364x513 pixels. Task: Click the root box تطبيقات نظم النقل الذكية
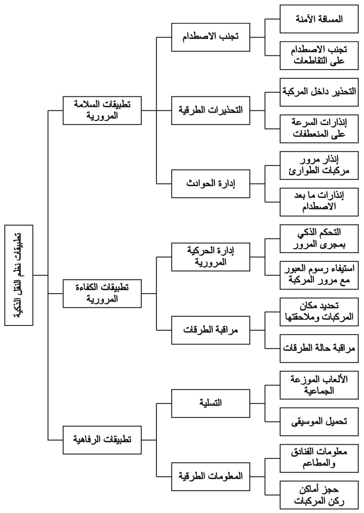coord(19,275)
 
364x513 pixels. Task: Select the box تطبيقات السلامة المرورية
coord(102,110)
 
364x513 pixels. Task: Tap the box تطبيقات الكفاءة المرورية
coord(102,293)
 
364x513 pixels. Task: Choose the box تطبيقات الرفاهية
coord(102,440)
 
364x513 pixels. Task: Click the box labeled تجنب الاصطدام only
coord(210,37)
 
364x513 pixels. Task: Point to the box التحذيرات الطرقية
coord(210,110)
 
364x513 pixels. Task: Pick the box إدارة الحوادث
coord(210,184)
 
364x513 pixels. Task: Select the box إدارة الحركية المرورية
coord(210,257)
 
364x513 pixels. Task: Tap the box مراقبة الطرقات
coord(210,330)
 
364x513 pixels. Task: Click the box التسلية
coord(210,403)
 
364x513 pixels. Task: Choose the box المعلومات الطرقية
coord(210,477)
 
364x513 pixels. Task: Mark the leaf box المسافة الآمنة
coord(319,19)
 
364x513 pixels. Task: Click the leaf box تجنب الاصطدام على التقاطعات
coord(319,55)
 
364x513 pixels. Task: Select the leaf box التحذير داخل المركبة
coord(319,92)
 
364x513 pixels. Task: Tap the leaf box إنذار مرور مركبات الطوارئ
coord(319,165)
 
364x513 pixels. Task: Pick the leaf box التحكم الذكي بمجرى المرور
coord(319,239)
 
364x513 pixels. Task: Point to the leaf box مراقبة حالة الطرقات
coord(319,348)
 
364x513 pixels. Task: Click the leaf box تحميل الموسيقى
coord(319,422)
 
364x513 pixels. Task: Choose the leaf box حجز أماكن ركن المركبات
coord(319,495)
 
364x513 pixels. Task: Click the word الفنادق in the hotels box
coord(302,452)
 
